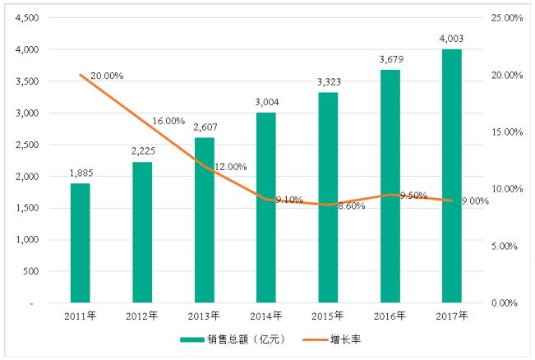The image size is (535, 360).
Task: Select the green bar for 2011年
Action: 80,242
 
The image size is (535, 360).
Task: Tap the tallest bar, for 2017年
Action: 451,176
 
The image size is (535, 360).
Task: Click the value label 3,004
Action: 265,103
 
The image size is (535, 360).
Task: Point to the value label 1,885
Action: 80,173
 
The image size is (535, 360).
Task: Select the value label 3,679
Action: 389,60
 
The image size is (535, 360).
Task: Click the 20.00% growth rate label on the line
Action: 107,76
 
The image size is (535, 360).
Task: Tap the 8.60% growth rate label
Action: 350,205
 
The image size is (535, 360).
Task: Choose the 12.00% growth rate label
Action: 230,167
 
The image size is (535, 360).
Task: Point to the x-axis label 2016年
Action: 389,315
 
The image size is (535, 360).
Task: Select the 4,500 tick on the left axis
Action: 27,18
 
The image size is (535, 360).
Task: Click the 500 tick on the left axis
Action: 32,271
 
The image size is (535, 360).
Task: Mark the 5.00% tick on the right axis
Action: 508,246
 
